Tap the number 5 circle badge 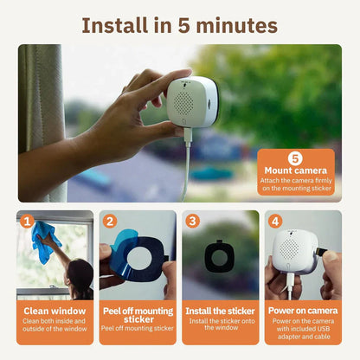[x=294, y=158]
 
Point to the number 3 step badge [x=191, y=221]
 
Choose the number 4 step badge [x=274, y=221]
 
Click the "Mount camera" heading [x=294, y=171]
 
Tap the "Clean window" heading [x=54, y=310]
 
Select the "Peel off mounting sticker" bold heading [x=138, y=314]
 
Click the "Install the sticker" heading [x=220, y=310]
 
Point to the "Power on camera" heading [x=303, y=310]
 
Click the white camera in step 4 [x=295, y=251]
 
